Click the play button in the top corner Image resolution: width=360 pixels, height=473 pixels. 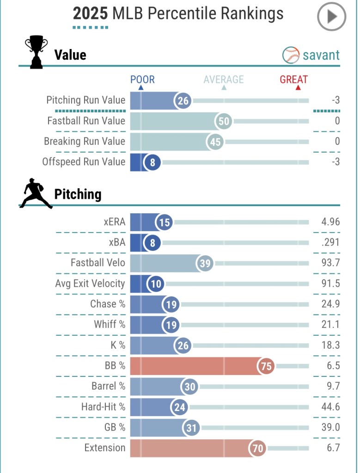pyautogui.click(x=331, y=17)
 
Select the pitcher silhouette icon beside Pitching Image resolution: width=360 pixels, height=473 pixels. pyautogui.click(x=35, y=193)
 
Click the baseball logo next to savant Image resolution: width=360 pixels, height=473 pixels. pyautogui.click(x=291, y=55)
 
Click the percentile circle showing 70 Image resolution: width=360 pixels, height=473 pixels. pyautogui.click(x=258, y=448)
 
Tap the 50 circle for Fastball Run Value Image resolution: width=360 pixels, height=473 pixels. pyautogui.click(x=224, y=121)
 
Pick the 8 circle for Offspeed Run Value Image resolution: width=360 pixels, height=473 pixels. pyautogui.click(x=152, y=162)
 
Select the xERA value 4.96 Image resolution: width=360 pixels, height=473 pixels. pyautogui.click(x=330, y=222)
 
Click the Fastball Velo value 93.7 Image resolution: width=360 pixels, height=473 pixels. pyautogui.click(x=330, y=263)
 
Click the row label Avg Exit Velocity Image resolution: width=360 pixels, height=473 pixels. pyautogui.click(x=90, y=283)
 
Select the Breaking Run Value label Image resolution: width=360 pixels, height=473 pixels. pyautogui.click(x=85, y=141)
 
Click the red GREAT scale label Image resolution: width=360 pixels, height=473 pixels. pyautogui.click(x=293, y=80)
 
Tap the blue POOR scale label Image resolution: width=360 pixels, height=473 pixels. pyautogui.click(x=142, y=80)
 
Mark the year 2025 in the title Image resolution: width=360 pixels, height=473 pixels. pyautogui.click(x=91, y=13)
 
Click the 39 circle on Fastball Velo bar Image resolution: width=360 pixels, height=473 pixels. pyautogui.click(x=205, y=264)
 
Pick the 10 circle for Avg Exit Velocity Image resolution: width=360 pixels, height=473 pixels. pyautogui.click(x=156, y=283)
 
